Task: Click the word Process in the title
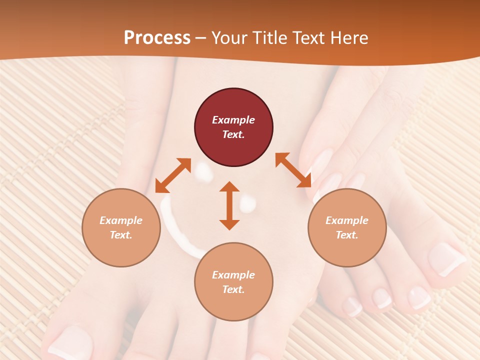pos(157,38)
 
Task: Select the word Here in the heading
pos(349,38)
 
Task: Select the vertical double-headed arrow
pos(229,205)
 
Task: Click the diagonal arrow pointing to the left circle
pos(173,175)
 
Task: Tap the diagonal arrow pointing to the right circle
pos(293,170)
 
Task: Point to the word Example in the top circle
pos(233,120)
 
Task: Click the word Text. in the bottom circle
pos(233,289)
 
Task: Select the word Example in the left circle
pos(121,220)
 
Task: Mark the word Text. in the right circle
pos(347,235)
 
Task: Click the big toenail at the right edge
pos(446,258)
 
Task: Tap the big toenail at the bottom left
pos(70,342)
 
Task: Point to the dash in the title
pos(201,38)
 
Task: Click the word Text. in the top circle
pos(233,134)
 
